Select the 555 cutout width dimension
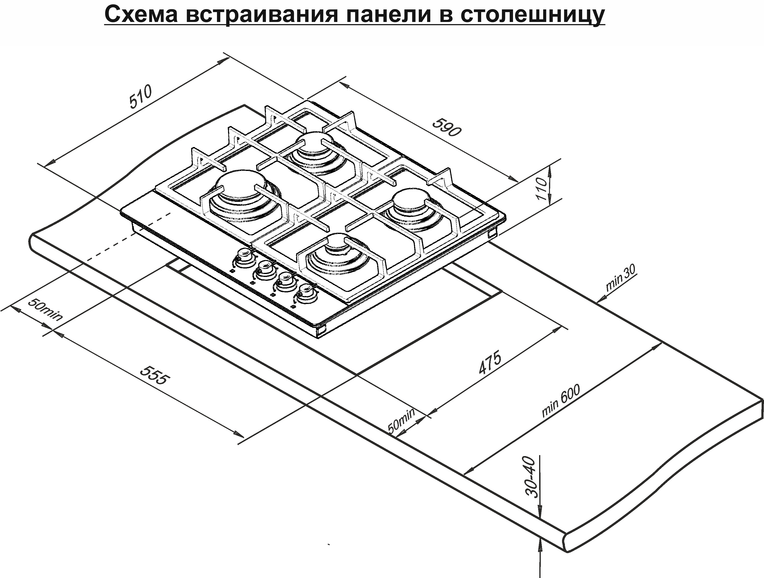(x=155, y=375)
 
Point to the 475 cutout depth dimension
(x=490, y=363)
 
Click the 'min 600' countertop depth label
(x=561, y=401)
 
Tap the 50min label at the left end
(x=45, y=310)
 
